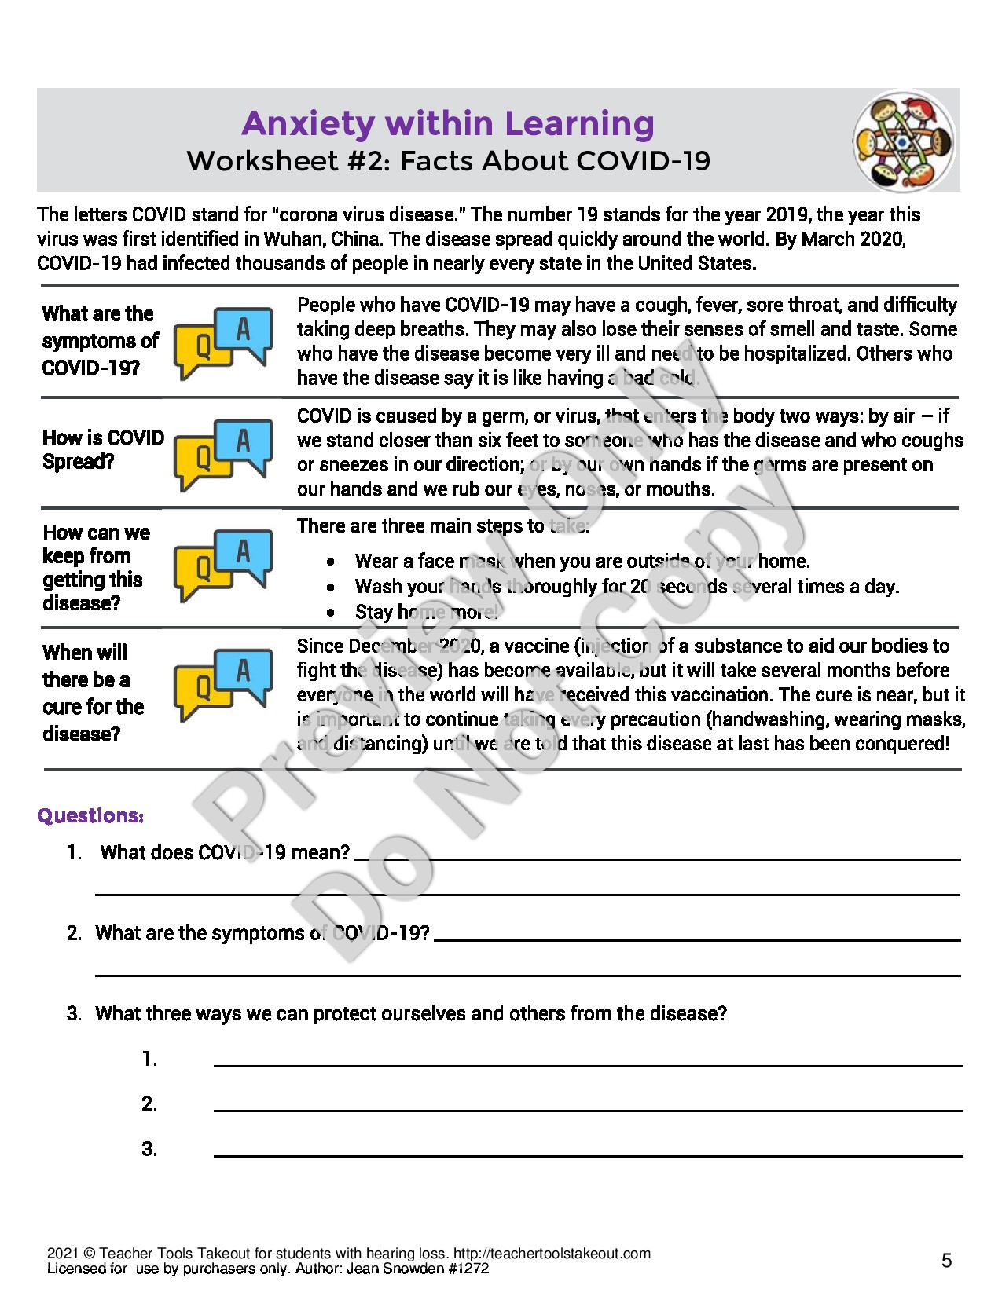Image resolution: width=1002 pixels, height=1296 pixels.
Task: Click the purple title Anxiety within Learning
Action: [447, 123]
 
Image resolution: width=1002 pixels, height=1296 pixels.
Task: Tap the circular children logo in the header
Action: [905, 141]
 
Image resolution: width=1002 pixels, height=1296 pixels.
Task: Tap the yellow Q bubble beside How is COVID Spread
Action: [201, 458]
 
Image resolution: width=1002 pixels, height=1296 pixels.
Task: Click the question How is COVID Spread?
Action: [103, 449]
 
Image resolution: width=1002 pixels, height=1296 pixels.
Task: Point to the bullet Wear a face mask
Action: [582, 561]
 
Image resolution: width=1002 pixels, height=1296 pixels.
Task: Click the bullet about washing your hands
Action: [626, 587]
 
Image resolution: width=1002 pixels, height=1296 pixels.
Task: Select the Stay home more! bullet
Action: [426, 612]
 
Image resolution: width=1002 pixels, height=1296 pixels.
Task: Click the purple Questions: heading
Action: [90, 816]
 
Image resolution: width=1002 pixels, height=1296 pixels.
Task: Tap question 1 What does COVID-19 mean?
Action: [225, 853]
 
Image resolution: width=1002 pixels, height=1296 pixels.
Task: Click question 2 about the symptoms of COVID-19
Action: [262, 933]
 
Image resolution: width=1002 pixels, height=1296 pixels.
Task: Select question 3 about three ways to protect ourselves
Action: [410, 1013]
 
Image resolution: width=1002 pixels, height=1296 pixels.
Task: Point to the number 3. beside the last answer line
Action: [149, 1150]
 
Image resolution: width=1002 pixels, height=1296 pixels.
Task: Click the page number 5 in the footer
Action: [946, 1261]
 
